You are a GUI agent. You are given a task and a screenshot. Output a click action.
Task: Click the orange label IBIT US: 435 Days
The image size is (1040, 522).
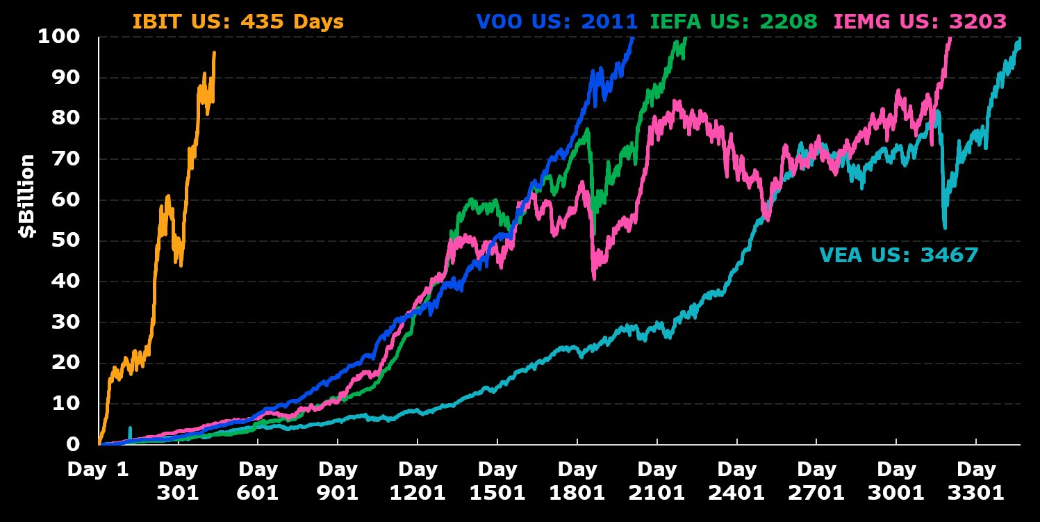point(238,22)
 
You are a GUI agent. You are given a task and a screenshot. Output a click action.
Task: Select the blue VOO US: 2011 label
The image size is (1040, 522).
point(556,22)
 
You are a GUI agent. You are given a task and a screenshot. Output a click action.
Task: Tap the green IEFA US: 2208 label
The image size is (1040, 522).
point(734,22)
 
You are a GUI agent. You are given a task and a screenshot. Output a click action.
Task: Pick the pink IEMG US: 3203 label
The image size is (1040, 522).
point(919,22)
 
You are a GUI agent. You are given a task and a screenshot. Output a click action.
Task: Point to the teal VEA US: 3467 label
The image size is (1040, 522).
point(898,255)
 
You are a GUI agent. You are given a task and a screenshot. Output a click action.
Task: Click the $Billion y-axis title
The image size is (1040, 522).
point(27,196)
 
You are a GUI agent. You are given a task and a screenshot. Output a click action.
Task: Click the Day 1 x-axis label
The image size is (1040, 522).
point(98,470)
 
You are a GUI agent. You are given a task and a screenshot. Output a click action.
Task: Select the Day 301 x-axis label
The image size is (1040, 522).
point(177,481)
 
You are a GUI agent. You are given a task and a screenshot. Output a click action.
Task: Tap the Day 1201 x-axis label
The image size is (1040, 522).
point(417,481)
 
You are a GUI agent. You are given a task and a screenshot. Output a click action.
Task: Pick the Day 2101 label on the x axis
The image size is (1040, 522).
point(657,481)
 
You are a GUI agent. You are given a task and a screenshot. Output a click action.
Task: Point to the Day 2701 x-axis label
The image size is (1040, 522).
point(816,481)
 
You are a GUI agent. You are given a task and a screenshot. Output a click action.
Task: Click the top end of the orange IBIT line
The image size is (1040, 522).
point(214,52)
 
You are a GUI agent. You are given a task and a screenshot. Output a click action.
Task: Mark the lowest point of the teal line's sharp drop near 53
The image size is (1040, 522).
point(945,227)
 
